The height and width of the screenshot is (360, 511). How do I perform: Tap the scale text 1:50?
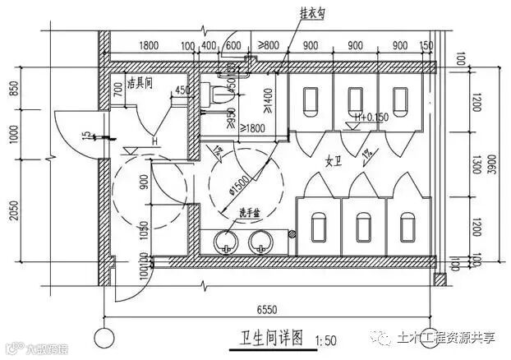[x=323, y=339]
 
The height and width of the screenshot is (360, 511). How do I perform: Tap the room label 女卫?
[x=334, y=159]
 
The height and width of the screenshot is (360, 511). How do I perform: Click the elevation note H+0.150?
[x=369, y=117]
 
